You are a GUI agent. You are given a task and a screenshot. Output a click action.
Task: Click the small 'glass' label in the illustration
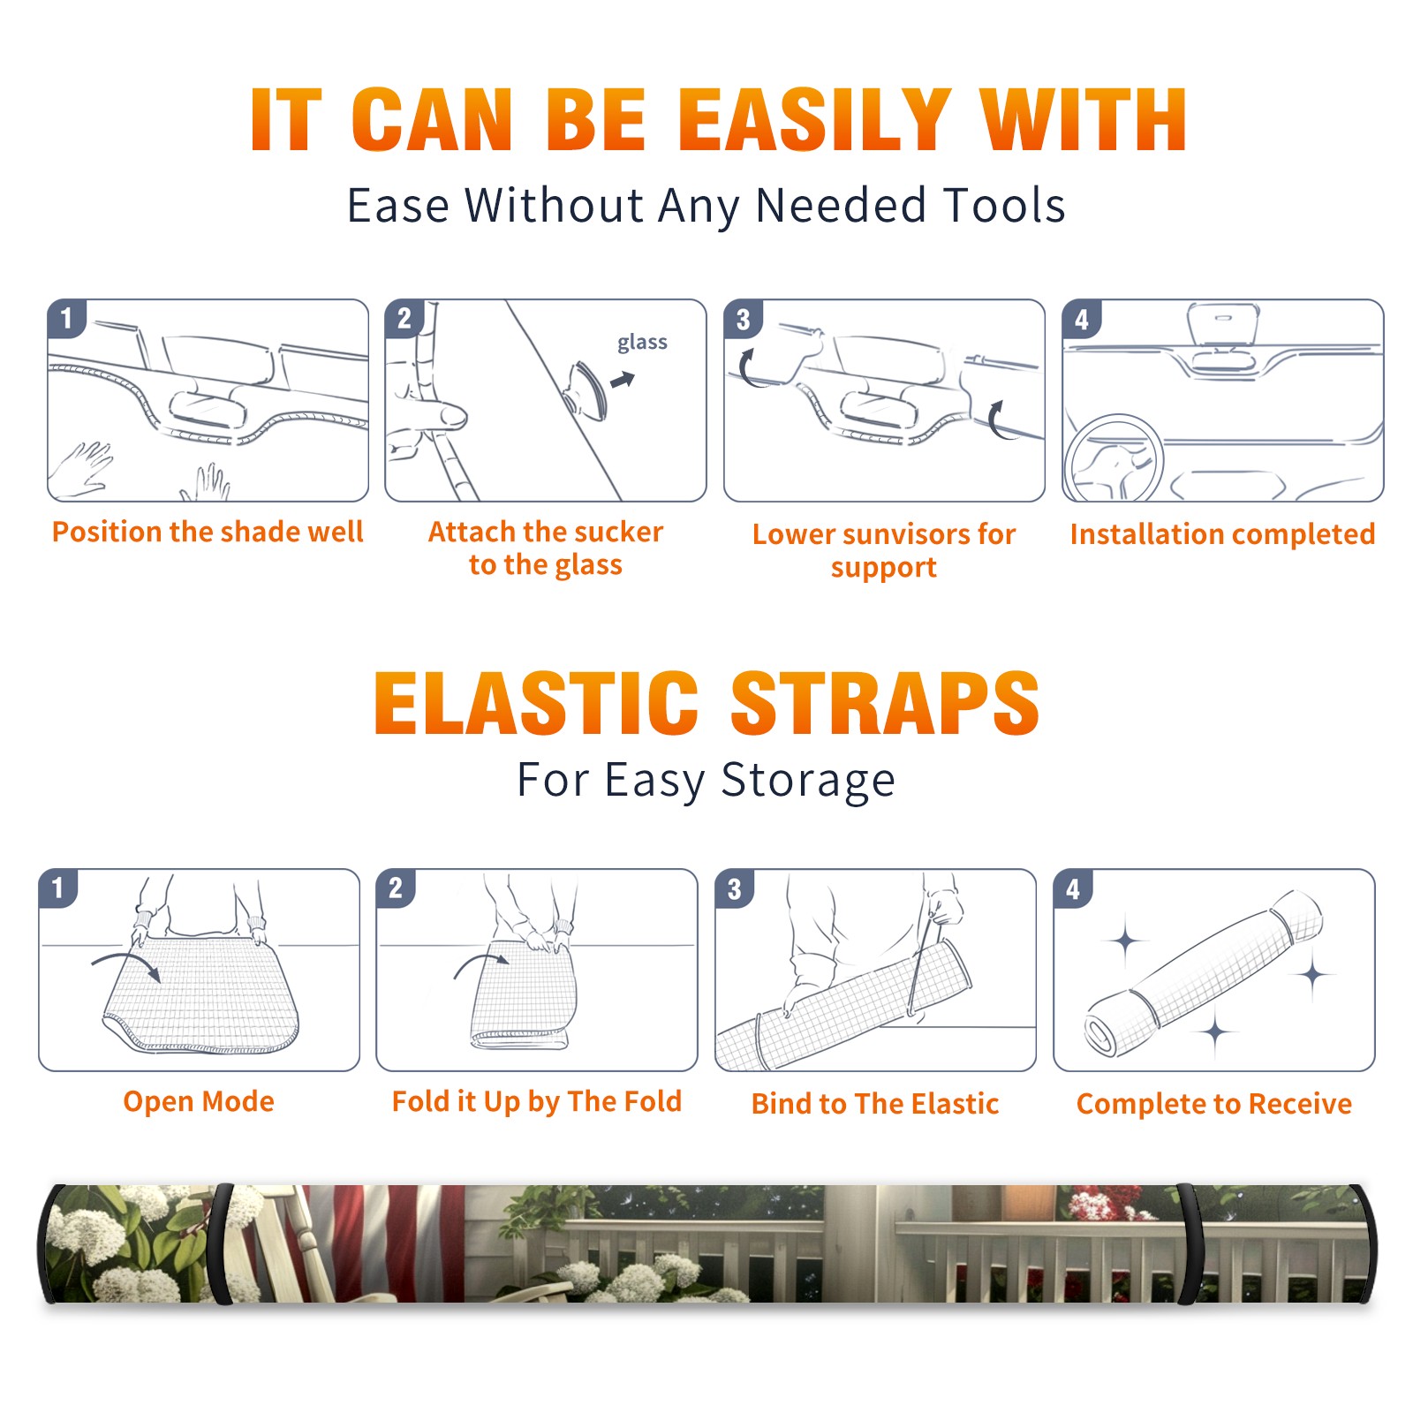642,343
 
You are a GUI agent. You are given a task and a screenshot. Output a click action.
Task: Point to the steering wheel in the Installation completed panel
1113,458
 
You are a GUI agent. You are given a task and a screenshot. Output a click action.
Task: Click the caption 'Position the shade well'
208,532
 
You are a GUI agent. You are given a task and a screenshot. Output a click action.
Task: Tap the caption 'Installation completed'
1222,534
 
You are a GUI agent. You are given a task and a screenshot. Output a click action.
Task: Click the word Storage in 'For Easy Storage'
808,781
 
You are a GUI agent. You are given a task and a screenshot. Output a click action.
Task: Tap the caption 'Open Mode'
199,1101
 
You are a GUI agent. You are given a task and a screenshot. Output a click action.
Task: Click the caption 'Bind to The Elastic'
875,1104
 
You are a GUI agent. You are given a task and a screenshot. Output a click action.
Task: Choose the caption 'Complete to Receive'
1214,1104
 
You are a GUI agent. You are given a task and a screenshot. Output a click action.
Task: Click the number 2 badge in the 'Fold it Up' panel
396,888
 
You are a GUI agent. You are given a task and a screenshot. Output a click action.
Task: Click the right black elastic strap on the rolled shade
1190,1243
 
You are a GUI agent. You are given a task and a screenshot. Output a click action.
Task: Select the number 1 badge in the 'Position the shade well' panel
66,318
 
